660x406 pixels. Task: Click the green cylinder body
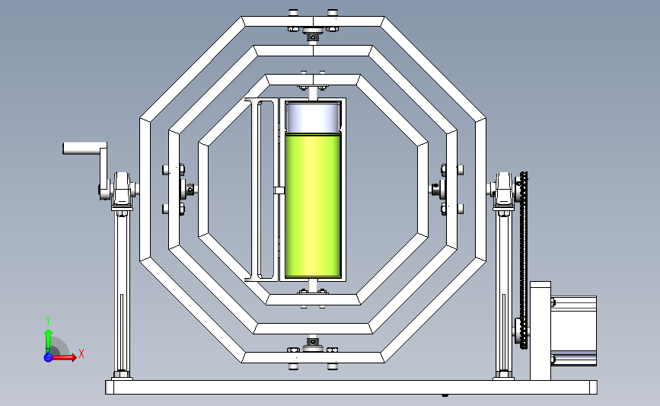(x=313, y=206)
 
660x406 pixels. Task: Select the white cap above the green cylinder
(x=313, y=117)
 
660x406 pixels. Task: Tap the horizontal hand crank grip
(x=83, y=149)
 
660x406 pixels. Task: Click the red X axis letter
(x=81, y=353)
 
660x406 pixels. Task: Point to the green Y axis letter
(x=48, y=321)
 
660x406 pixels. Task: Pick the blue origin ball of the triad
(x=48, y=357)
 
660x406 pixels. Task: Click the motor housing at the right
(x=574, y=331)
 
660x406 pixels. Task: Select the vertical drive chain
(x=524, y=261)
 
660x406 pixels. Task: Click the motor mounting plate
(x=540, y=331)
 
